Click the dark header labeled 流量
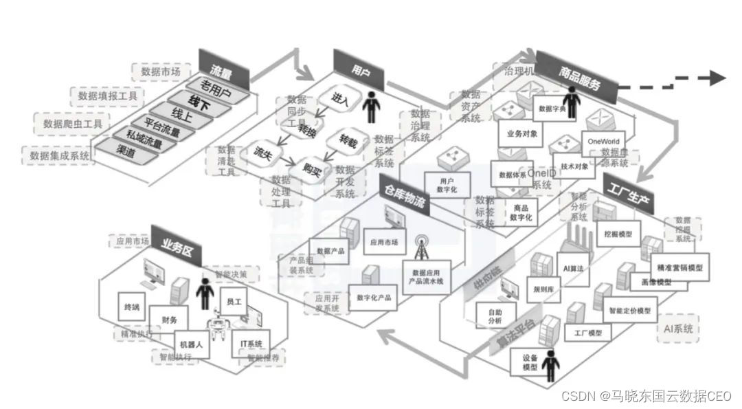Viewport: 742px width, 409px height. tap(221, 67)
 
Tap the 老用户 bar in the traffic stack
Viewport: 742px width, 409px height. tap(215, 87)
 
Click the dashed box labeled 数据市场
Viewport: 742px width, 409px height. tap(160, 71)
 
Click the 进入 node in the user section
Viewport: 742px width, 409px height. tap(340, 98)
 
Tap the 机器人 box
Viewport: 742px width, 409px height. tap(190, 344)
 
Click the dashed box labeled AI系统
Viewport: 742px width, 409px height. tap(677, 329)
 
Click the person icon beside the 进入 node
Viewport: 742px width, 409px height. tap(372, 107)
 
